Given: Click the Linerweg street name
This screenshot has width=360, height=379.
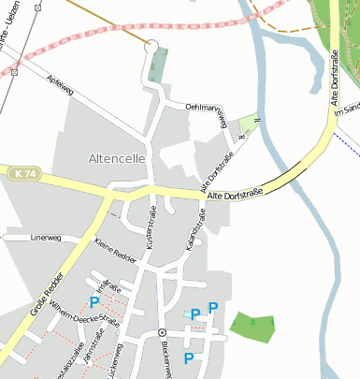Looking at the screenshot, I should point(46,238).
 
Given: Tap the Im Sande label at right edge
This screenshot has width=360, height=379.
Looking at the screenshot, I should point(351,107).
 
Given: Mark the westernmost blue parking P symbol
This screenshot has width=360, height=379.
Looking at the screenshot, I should point(94,302).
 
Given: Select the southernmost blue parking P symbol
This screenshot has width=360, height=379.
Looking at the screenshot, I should point(189,357).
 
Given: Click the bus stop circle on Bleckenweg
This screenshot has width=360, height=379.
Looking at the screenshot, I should point(162,332).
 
